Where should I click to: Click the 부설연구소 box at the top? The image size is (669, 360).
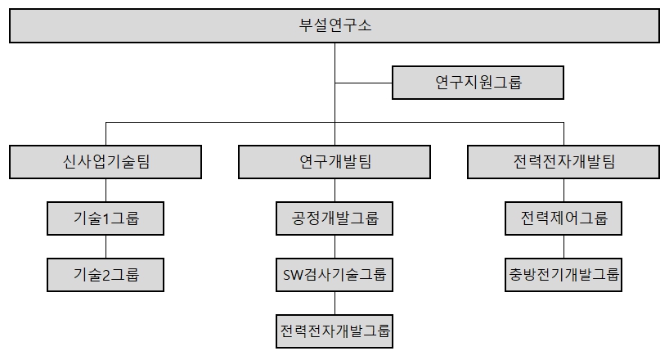tap(334, 25)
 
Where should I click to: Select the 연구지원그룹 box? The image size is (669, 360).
tap(478, 82)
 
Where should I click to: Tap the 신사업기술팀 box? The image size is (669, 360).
tap(106, 161)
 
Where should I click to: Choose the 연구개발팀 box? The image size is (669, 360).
tap(334, 161)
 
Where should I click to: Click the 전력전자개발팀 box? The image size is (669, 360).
tap(563, 161)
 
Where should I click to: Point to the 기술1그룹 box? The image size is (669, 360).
tap(106, 218)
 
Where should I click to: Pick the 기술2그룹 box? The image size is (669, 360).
tap(106, 274)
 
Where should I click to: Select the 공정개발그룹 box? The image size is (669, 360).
tap(334, 218)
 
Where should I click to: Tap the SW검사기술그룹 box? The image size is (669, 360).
tap(334, 274)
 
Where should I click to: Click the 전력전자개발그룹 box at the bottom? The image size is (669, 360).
tap(334, 331)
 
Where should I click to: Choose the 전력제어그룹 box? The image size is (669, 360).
tap(563, 218)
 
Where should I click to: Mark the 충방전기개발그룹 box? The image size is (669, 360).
tap(563, 274)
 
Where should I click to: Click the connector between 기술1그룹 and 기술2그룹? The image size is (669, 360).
tap(106, 246)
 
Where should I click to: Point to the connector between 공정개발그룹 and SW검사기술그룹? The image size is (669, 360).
tap(334, 246)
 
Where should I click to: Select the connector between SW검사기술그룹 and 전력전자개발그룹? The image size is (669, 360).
tap(334, 303)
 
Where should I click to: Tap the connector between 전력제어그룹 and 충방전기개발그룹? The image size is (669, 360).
tap(563, 246)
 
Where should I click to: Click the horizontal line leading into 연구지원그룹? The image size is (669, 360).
tap(364, 82)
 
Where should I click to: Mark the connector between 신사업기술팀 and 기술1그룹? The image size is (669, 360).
tap(106, 190)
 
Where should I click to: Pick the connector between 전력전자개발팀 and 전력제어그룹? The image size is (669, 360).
tap(563, 190)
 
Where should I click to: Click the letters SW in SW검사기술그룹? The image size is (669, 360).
tap(292, 274)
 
